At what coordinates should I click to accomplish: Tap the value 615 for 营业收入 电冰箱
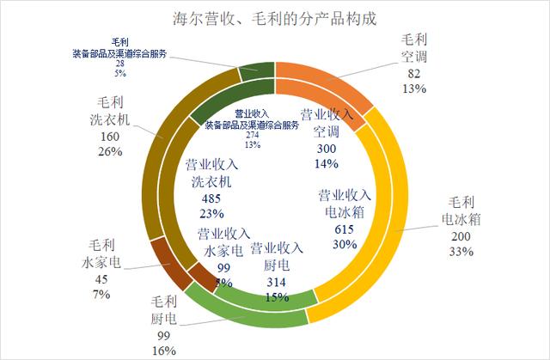point(343,230)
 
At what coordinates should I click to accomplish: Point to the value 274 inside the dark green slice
point(252,135)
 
